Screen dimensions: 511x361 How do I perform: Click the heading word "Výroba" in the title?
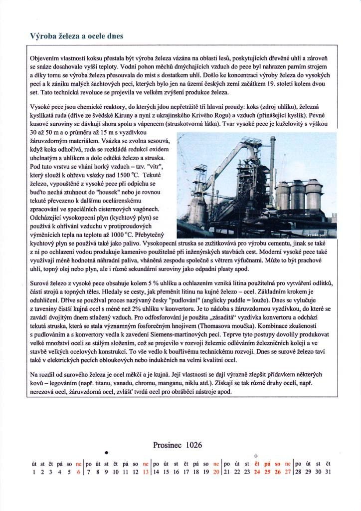[x=41, y=36]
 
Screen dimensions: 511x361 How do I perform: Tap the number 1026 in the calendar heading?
[x=191, y=445]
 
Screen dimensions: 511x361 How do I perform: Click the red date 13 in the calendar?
[x=146, y=472]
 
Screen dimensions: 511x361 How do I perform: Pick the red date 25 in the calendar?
[x=267, y=472]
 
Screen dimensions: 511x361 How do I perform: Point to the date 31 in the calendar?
[x=328, y=472]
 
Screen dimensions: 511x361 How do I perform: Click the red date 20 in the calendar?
[x=216, y=472]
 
